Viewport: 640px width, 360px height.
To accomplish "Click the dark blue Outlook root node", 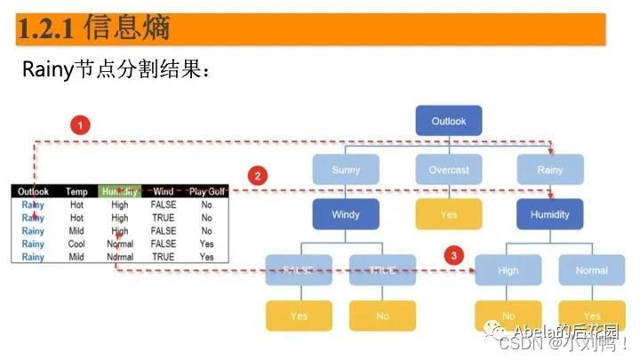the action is pos(449,121).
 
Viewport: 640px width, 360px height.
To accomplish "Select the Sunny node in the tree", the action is pos(346,169).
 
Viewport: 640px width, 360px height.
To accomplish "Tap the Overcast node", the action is pos(449,169).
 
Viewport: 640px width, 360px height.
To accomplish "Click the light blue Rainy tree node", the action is pos(550,169).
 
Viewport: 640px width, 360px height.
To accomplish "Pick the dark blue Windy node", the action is pos(346,214).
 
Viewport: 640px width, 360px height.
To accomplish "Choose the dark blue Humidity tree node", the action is pos(550,214).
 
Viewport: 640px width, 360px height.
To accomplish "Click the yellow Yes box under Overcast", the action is pos(449,214).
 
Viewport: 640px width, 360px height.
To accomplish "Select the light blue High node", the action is pos(508,270).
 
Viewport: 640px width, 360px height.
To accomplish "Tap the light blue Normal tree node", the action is pos(591,270).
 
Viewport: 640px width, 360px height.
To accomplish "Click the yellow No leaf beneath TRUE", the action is pos(382,316).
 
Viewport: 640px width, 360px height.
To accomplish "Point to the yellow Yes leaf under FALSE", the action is pos(299,316).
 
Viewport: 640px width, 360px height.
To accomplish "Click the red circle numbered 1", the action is pos(80,125).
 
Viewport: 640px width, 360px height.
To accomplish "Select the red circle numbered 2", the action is pos(257,175).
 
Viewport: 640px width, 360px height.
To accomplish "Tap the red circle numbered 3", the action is pos(454,256).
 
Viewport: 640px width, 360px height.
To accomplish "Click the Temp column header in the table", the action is pos(76,191).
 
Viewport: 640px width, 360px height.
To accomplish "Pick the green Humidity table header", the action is pos(120,191).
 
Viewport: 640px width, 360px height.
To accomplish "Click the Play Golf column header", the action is pos(207,191).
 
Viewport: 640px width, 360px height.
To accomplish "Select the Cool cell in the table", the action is pos(76,244).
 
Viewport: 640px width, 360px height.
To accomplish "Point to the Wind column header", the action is pos(164,191).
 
